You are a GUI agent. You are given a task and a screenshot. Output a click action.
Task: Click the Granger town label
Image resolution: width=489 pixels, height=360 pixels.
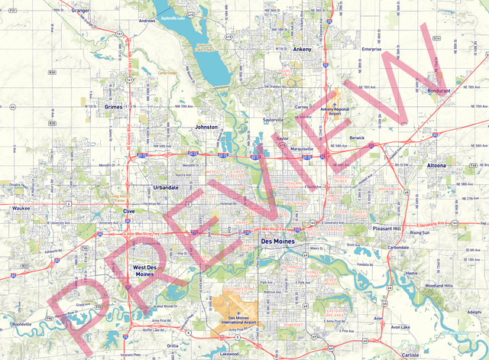pos(79,11)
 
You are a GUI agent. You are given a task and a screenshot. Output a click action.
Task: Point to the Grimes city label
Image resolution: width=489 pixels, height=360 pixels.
pos(113,107)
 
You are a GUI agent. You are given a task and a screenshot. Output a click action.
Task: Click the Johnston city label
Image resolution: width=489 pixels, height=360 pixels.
pos(206,126)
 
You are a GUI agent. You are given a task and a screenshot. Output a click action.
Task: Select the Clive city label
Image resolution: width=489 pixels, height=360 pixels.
pos(129,209)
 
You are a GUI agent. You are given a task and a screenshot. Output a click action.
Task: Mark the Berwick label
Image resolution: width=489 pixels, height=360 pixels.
pos(357,138)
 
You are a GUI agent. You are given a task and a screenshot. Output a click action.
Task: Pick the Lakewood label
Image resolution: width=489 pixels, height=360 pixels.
pos(228,355)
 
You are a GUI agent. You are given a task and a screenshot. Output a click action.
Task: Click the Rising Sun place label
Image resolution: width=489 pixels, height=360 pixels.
pos(419,232)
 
